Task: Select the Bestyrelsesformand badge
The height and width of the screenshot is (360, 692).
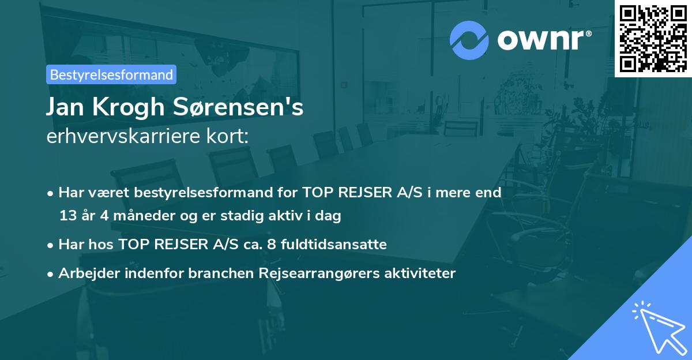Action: (111, 74)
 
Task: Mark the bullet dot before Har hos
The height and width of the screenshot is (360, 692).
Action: (51, 245)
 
